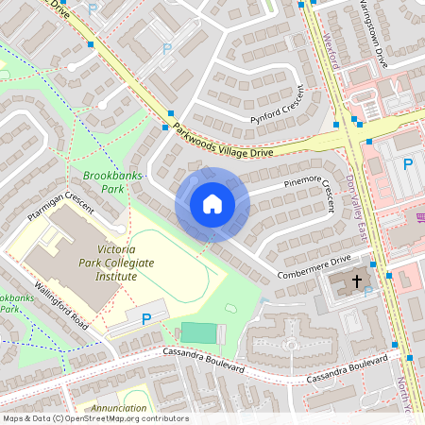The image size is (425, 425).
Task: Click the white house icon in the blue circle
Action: tap(212, 204)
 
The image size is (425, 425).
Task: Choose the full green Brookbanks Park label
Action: tap(104, 182)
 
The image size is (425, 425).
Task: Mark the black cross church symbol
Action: tap(358, 281)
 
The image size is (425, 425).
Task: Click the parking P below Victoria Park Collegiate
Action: tap(146, 319)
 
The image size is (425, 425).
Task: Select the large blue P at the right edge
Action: tap(408, 164)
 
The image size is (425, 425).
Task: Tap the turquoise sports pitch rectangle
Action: tap(198, 332)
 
